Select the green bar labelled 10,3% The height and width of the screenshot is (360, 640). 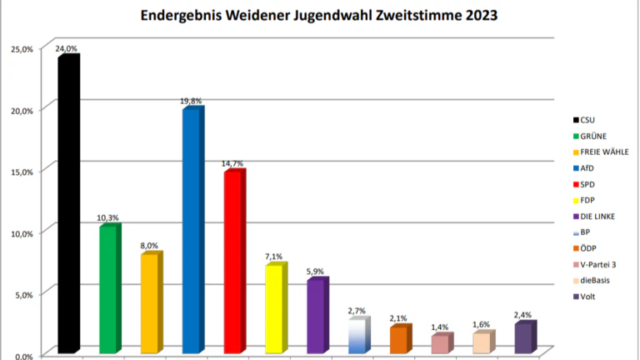[108, 289]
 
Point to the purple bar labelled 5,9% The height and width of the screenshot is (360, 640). [316, 317]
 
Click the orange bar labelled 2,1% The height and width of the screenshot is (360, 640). [399, 339]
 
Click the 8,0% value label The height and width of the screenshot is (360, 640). [148, 246]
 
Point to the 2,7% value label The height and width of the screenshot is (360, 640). [357, 311]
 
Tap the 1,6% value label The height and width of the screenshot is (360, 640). [482, 324]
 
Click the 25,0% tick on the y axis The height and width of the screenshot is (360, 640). [22, 49]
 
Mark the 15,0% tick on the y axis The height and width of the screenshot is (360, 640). [22, 172]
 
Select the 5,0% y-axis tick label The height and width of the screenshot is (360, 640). [23, 294]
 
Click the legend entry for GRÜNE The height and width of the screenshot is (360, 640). [592, 136]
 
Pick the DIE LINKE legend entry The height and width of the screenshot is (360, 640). [602, 217]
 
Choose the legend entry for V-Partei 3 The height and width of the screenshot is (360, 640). [602, 264]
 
